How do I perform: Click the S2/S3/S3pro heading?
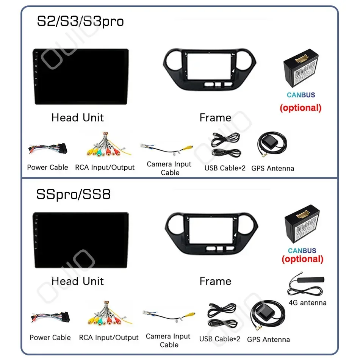point(80,21)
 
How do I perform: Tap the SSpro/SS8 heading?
point(74,194)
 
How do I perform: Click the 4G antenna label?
point(307,302)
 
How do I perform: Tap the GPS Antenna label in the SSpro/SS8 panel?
point(268,340)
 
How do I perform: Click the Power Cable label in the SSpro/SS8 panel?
point(50,337)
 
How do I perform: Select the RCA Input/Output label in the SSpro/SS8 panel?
point(109,337)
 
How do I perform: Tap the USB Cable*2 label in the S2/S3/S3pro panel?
point(225,167)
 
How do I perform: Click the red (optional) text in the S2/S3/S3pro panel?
point(301,108)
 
